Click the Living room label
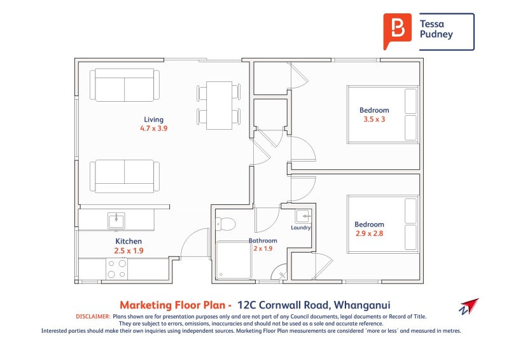tap(153, 120)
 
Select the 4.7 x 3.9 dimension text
tap(153, 128)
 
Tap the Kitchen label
tap(128, 242)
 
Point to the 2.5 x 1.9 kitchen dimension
tap(128, 251)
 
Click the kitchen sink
tap(116, 221)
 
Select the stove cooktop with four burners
tap(116, 268)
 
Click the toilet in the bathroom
tap(225, 224)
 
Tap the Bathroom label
tap(263, 241)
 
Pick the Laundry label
tap(301, 227)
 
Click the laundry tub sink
tap(303, 216)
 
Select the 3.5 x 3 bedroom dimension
tap(374, 119)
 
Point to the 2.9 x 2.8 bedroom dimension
tap(369, 233)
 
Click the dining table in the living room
tap(219, 104)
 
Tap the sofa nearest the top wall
tap(124, 85)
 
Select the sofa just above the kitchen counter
tap(124, 176)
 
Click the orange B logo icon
tap(397, 31)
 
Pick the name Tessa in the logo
tap(432, 24)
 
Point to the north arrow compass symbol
tap(468, 306)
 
